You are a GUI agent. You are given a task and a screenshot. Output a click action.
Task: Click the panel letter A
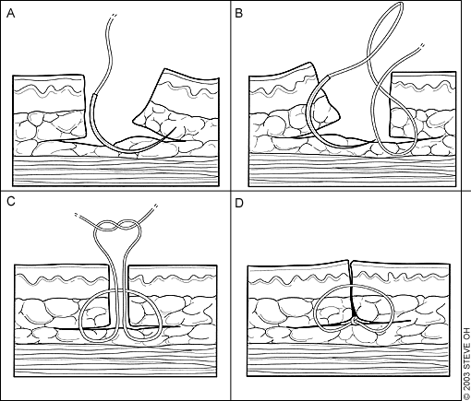pos(10,14)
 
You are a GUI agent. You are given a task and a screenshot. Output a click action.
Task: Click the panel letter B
pos(238,14)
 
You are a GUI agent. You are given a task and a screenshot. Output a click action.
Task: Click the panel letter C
pos(11,201)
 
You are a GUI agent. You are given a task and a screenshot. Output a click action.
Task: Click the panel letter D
pos(239,203)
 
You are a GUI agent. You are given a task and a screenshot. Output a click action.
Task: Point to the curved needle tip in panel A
pos(176,127)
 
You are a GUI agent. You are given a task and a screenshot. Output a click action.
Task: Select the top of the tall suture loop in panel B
pos(400,4)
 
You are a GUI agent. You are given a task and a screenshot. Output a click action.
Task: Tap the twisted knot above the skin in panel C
pos(117,225)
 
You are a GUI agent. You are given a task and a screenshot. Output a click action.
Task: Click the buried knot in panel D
pos(355,322)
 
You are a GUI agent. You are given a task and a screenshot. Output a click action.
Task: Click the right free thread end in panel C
pos(156,206)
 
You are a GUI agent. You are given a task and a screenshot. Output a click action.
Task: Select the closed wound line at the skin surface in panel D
pos(351,273)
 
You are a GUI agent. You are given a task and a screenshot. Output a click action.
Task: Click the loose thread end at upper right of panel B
pos(422,46)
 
